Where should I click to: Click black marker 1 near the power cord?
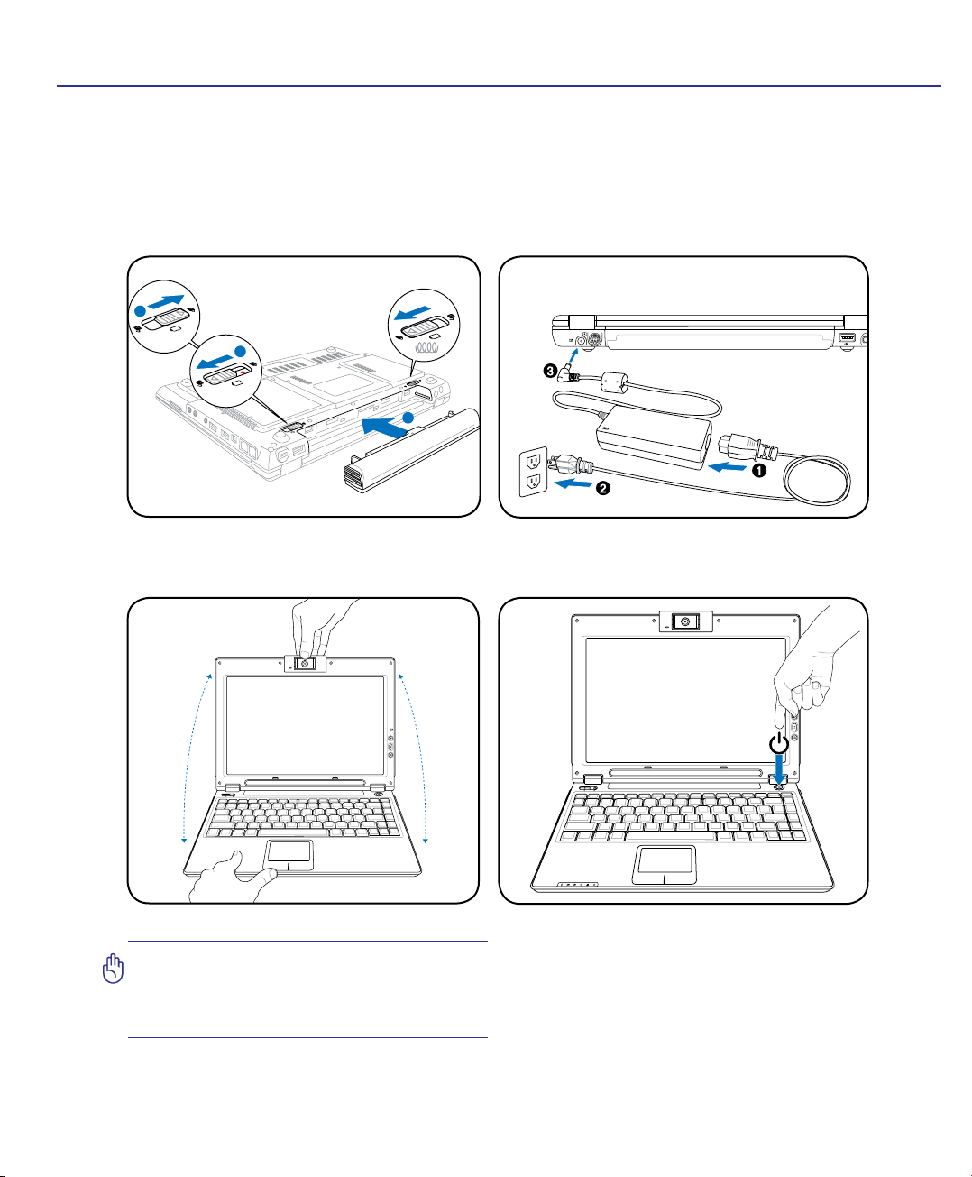coord(759,469)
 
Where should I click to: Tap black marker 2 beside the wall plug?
coord(602,489)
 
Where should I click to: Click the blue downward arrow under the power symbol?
coord(779,773)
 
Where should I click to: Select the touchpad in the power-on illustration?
coord(664,864)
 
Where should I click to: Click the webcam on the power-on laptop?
coord(685,621)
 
